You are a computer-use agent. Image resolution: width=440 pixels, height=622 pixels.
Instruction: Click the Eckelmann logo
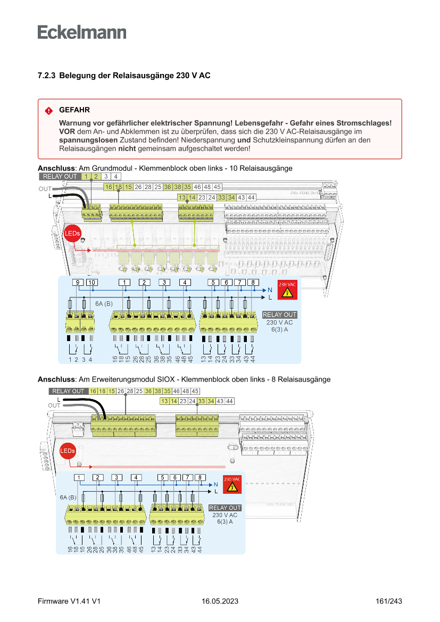[x=82, y=32]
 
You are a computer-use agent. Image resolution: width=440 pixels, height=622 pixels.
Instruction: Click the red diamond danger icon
[x=49, y=111]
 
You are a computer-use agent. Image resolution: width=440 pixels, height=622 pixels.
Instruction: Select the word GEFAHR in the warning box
[x=74, y=110]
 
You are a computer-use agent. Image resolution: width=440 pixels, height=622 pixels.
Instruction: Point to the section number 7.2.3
[x=46, y=76]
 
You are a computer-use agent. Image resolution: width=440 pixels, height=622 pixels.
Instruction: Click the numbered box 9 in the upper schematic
[x=78, y=282]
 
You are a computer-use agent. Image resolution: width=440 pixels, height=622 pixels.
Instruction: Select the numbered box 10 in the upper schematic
[x=92, y=282]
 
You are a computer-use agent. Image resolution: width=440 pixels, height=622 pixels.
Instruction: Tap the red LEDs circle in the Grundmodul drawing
[x=72, y=234]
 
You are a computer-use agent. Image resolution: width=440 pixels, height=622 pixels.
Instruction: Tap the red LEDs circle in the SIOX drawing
[x=68, y=451]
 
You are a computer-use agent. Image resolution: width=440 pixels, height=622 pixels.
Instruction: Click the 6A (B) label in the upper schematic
[x=104, y=303]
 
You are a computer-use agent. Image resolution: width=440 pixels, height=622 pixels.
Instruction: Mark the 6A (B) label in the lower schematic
[x=69, y=497]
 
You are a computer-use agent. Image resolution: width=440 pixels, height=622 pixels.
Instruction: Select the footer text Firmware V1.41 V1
[x=69, y=601]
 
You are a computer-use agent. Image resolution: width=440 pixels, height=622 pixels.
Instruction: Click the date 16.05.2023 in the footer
[x=220, y=601]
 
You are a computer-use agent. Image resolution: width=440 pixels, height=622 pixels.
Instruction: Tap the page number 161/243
[x=388, y=601]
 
